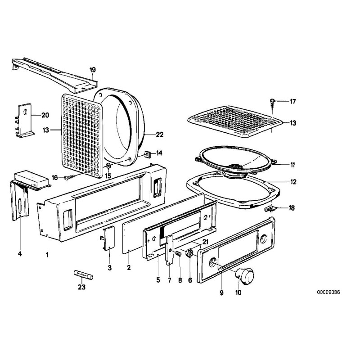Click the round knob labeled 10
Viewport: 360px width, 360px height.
coord(245,274)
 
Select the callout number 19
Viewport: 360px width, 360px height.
coord(93,70)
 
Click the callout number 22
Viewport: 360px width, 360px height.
coord(159,135)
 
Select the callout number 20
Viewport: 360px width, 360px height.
coord(45,115)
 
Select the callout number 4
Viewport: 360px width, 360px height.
coord(20,254)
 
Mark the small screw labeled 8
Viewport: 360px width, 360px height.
coord(178,254)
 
